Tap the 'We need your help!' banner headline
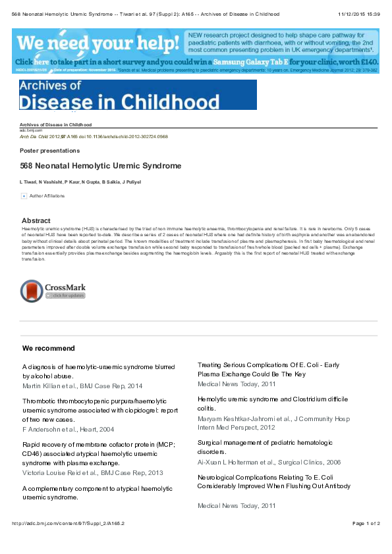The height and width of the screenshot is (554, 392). click(x=98, y=43)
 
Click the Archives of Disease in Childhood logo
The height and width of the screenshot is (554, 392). click(x=138, y=95)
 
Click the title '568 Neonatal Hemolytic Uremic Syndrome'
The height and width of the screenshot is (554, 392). click(x=101, y=166)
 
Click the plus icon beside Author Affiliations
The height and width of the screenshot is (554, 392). click(x=24, y=196)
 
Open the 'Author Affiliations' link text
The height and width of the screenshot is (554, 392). click(x=47, y=196)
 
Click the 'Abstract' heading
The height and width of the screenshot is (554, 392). click(x=36, y=220)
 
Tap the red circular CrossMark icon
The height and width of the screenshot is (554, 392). click(x=32, y=290)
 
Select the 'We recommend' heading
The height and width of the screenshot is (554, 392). click(x=49, y=348)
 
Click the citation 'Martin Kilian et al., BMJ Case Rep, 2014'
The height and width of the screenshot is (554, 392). click(x=82, y=386)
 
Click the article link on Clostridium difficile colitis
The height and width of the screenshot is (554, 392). click(x=273, y=403)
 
